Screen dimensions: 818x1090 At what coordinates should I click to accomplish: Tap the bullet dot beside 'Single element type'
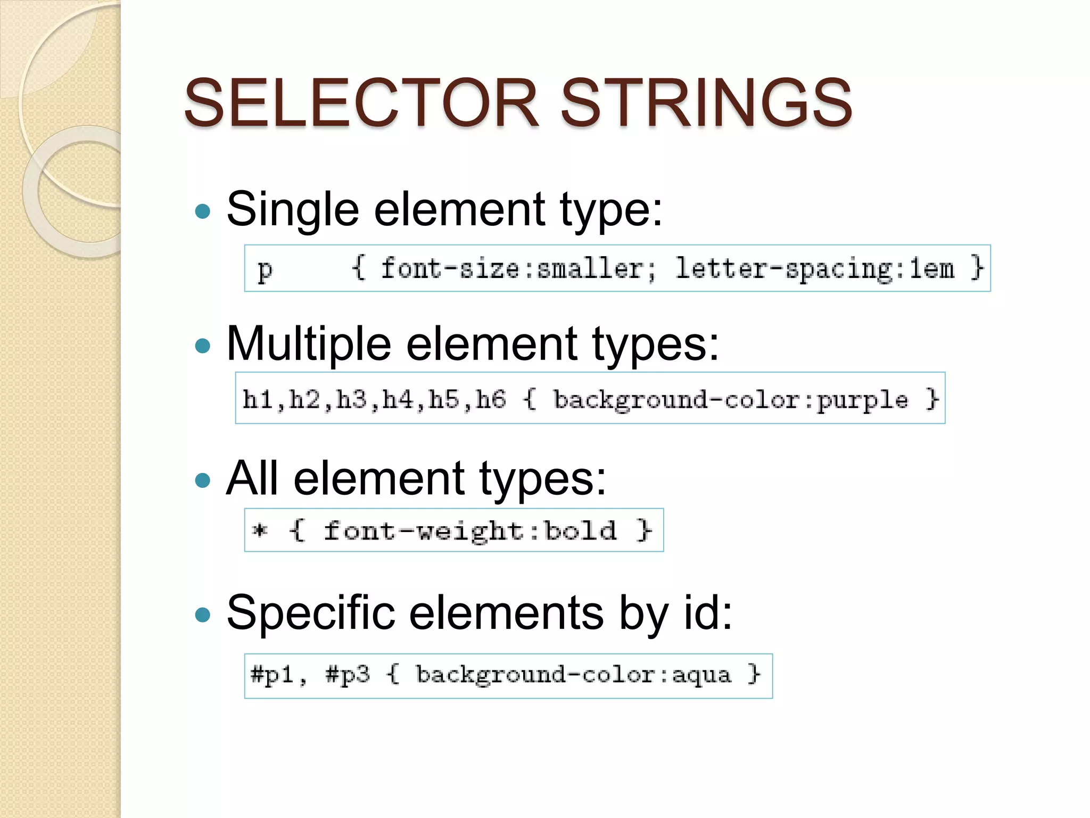pos(203,212)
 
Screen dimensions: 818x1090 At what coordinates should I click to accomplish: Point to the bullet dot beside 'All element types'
pos(203,481)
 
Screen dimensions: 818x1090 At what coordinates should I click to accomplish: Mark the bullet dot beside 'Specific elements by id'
pos(203,616)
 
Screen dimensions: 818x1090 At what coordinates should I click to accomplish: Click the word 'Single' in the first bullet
pos(292,210)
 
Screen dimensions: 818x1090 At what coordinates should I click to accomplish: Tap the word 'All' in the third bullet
pos(252,478)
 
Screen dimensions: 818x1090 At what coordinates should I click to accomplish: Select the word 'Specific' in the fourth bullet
pos(310,613)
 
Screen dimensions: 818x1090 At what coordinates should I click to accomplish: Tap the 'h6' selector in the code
pos(490,399)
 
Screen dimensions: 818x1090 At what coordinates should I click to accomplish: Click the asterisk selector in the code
pos(260,530)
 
